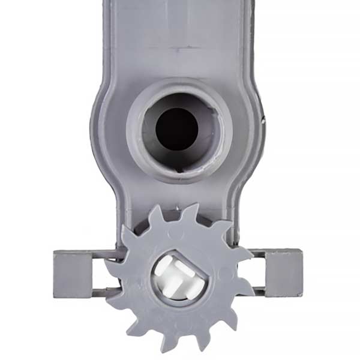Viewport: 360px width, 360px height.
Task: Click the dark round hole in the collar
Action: coord(176,127)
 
